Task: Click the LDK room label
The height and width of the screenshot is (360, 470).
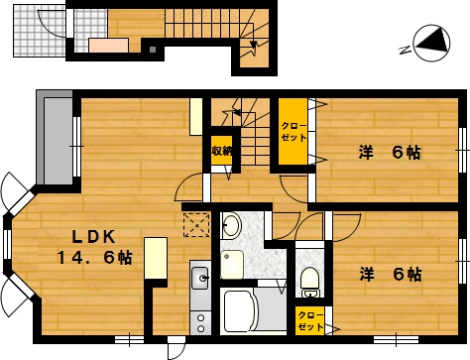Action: tap(93, 237)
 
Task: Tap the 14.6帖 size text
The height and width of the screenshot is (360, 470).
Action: tap(95, 258)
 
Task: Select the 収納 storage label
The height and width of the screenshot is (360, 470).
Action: tap(221, 151)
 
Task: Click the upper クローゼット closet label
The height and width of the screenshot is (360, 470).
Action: tap(294, 132)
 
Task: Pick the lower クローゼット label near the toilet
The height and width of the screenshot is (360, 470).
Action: tap(310, 321)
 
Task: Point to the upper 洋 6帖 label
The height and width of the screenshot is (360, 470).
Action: tap(390, 153)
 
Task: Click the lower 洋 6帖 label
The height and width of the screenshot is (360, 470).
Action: tap(391, 275)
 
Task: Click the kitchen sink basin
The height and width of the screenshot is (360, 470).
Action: tap(200, 278)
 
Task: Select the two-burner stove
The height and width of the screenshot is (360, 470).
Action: tap(200, 323)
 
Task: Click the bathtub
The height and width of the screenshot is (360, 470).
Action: tap(239, 311)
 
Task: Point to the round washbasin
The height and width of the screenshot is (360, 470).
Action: tap(231, 225)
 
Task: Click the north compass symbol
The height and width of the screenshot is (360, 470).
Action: tap(432, 44)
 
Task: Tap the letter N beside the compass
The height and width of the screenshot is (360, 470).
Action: tap(405, 51)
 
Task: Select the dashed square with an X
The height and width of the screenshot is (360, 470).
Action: tap(196, 225)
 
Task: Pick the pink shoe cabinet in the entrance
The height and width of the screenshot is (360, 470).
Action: tap(109, 46)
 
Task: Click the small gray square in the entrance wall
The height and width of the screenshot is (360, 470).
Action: tap(153, 50)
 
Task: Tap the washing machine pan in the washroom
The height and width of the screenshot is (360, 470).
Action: tap(232, 265)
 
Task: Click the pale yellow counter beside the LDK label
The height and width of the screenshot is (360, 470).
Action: tap(156, 258)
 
